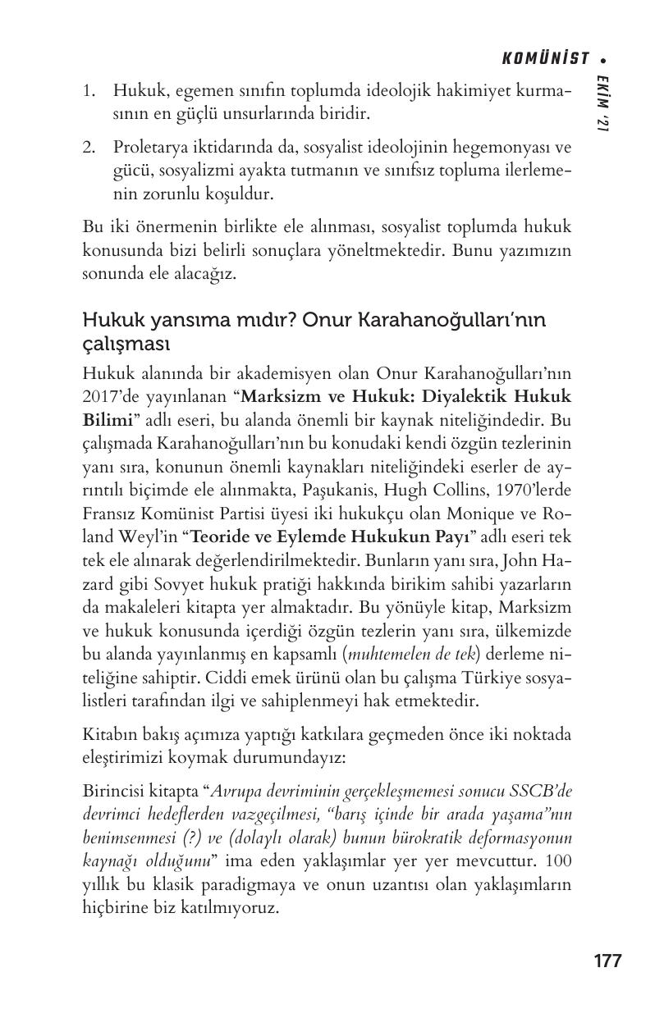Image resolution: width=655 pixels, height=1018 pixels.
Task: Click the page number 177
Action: (607, 961)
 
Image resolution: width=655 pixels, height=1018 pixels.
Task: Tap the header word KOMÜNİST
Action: (546, 58)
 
